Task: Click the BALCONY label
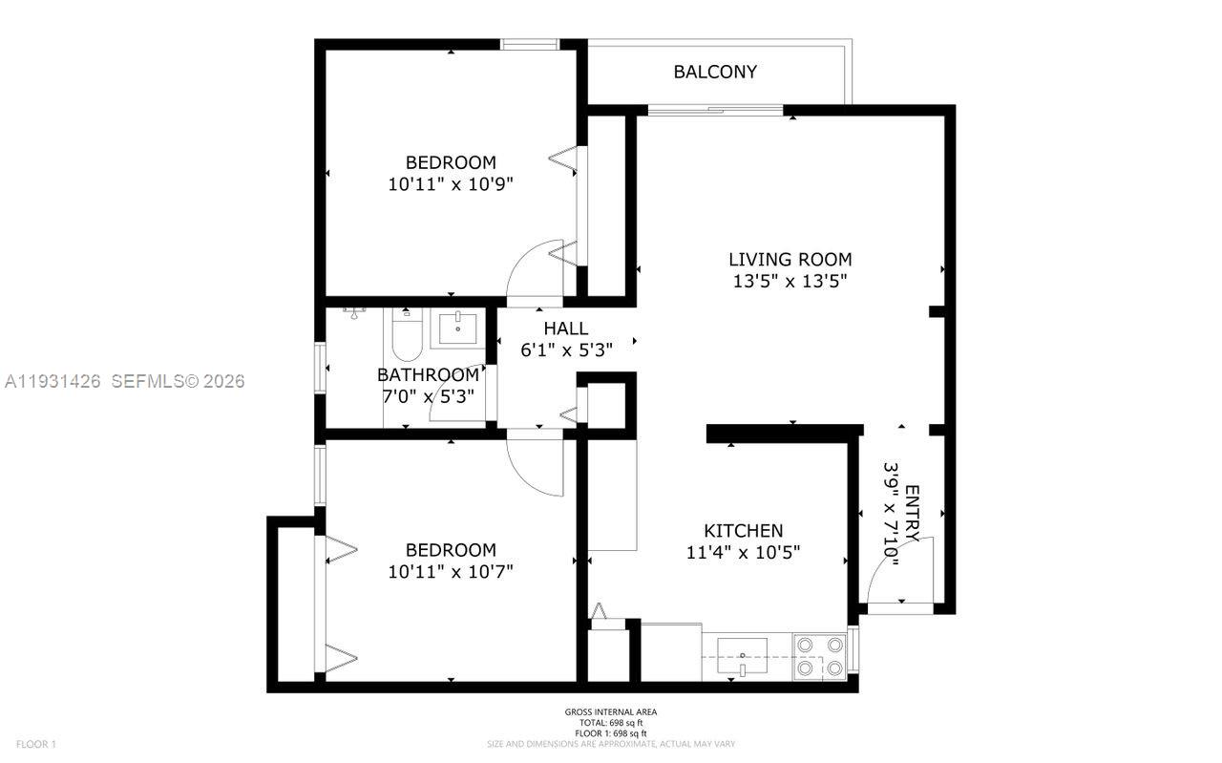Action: click(x=715, y=72)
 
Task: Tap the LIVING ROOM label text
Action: click(x=790, y=259)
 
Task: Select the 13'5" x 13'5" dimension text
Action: click(x=790, y=281)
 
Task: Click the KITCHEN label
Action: click(x=743, y=530)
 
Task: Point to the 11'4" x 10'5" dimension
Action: click(x=743, y=552)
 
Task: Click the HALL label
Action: click(x=566, y=329)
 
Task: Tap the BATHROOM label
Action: click(x=427, y=374)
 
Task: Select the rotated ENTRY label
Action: click(x=912, y=514)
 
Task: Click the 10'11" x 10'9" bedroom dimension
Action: click(x=451, y=184)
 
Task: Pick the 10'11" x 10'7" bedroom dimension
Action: click(x=451, y=572)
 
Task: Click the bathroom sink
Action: click(x=458, y=327)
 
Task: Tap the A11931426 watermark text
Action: click(x=53, y=381)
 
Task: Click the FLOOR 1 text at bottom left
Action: click(x=36, y=744)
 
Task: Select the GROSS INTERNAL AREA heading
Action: click(x=610, y=712)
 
